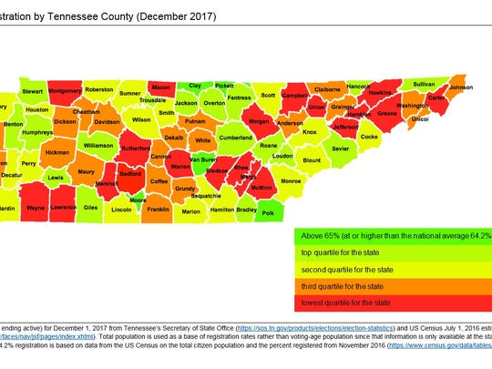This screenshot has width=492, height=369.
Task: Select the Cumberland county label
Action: point(235,138)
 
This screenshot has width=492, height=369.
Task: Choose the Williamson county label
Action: point(98,145)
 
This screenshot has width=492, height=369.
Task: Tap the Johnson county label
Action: point(461,87)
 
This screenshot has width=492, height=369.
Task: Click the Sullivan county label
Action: point(425,83)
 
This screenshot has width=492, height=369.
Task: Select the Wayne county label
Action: point(36,209)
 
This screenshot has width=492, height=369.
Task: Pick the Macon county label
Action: point(160,87)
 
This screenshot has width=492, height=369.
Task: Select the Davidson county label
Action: point(107,121)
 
